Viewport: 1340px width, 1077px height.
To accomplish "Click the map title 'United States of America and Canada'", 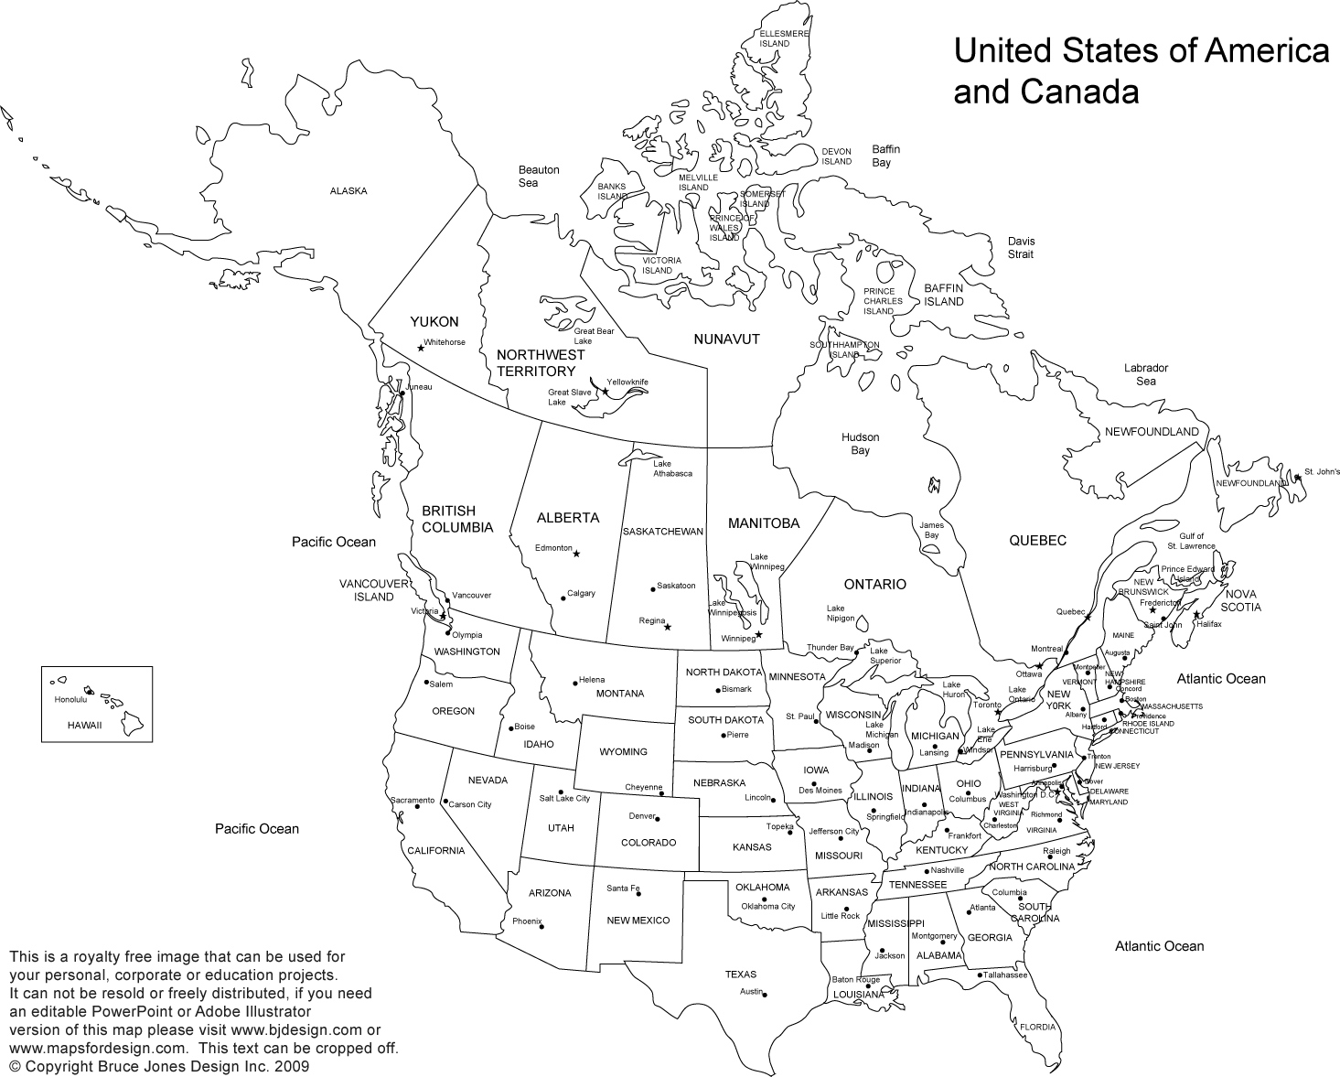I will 1141,70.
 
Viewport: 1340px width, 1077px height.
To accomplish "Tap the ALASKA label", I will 348,191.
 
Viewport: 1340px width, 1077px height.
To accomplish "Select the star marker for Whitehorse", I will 421,348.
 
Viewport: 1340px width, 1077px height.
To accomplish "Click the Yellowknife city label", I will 627,382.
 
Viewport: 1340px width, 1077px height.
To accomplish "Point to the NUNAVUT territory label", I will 726,339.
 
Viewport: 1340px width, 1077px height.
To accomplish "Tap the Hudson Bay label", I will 860,444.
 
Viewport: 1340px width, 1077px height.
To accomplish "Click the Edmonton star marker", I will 576,554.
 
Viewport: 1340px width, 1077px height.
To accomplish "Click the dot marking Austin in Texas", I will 765,995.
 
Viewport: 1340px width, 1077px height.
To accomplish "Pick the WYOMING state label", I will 623,752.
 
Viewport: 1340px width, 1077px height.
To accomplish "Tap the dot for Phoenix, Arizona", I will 543,926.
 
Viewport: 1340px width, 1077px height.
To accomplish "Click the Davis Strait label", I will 1021,247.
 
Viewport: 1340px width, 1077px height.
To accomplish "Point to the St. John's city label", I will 1322,472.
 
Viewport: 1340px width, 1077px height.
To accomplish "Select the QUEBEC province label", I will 1037,541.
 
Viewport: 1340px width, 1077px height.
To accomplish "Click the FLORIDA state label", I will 1037,1027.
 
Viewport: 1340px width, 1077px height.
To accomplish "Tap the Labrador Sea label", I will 1146,374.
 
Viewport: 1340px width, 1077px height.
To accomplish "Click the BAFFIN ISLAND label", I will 943,295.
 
